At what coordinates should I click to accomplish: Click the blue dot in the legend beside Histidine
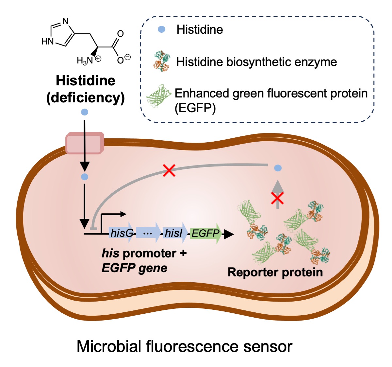coord(161,29)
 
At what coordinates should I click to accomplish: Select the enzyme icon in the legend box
coord(162,61)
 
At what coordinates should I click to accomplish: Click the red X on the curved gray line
coord(169,170)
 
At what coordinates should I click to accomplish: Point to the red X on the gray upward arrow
coord(277,198)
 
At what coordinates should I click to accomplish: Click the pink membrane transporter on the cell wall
coord(85,143)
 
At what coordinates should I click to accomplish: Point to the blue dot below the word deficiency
coord(85,112)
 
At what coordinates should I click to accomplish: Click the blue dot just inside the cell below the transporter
coord(85,177)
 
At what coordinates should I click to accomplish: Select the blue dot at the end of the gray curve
coord(278,168)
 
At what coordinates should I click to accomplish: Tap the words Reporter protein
coord(275,272)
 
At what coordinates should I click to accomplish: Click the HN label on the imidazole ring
coord(47,42)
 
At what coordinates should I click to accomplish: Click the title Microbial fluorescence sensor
coord(184,346)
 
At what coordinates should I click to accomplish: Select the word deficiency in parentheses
coord(86,97)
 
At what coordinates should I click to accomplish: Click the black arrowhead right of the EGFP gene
coord(229,234)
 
